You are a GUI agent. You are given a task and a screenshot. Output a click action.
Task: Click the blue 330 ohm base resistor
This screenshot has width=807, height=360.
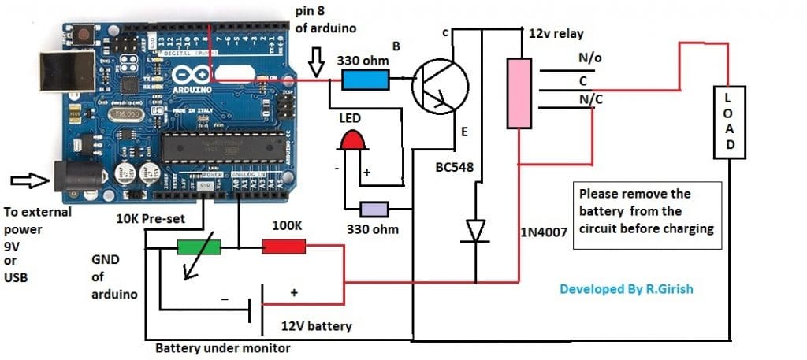click(365, 79)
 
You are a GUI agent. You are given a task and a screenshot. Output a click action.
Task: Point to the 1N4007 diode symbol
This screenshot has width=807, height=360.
click(474, 231)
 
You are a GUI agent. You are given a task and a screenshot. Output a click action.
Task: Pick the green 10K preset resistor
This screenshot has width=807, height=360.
click(199, 247)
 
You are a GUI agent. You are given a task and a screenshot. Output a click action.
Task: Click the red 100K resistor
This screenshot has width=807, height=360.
click(283, 247)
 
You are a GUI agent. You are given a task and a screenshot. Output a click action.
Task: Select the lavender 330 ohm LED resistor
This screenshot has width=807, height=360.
click(374, 210)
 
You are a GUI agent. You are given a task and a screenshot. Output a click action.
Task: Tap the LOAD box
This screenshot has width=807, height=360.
click(730, 122)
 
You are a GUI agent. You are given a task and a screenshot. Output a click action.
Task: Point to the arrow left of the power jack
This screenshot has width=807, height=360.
click(24, 182)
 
